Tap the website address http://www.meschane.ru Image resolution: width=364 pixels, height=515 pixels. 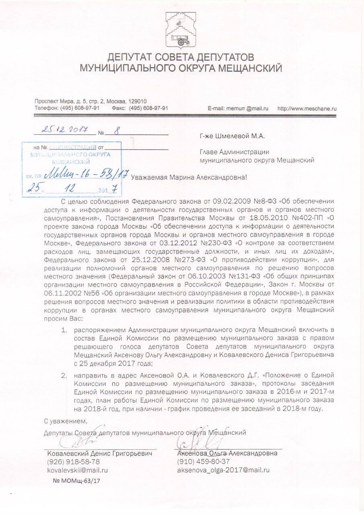point(307,109)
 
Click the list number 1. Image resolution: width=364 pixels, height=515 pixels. point(63,330)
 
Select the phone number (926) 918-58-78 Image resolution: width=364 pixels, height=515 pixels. point(73,461)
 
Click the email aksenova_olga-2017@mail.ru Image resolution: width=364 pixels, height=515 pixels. point(223,470)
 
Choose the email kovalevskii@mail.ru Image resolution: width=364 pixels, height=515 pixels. point(77,470)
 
